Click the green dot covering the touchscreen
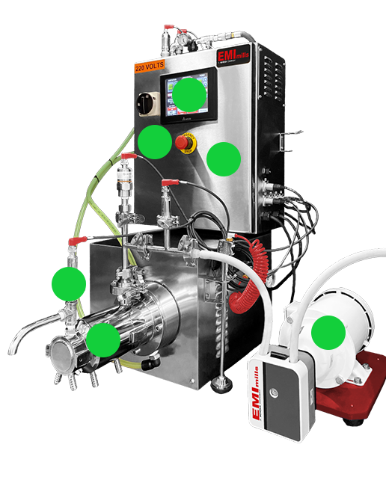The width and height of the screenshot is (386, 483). [190, 94]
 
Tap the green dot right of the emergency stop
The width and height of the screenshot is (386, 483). [223, 159]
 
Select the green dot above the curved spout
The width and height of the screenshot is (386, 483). [69, 284]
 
